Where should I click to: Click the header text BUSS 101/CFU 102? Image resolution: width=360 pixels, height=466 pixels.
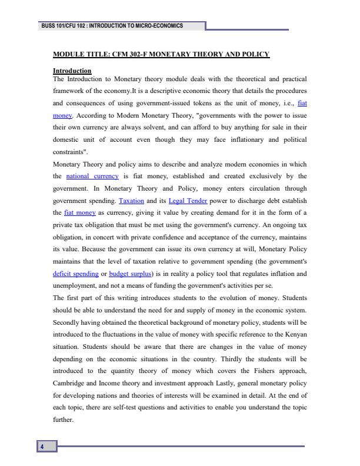tap(61, 26)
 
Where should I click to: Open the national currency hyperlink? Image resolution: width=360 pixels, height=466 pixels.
tap(93, 176)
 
